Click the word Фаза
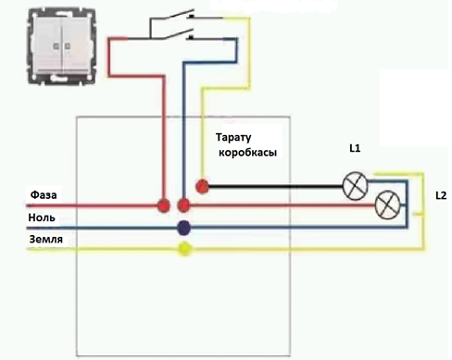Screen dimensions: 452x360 coord(44,194)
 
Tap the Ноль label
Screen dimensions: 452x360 coord(42,217)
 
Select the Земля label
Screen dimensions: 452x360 coord(46,239)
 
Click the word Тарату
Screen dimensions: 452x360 coord(233,138)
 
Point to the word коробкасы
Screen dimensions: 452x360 coord(247,153)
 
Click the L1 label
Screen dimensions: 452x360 coord(355,148)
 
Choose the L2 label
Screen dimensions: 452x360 coord(441,195)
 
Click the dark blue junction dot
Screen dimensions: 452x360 coord(184,228)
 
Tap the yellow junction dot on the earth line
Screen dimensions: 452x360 coord(184,249)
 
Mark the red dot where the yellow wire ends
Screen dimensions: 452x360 coord(202,186)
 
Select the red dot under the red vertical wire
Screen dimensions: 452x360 coord(163,205)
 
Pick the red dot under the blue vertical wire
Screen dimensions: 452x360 coord(184,205)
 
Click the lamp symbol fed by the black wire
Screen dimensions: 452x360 coord(356,186)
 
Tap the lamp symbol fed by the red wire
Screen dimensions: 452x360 coord(387,205)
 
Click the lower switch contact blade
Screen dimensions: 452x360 coord(178,34)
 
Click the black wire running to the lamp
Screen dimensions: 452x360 coord(276,186)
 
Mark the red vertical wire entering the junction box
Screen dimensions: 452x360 coord(164,137)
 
